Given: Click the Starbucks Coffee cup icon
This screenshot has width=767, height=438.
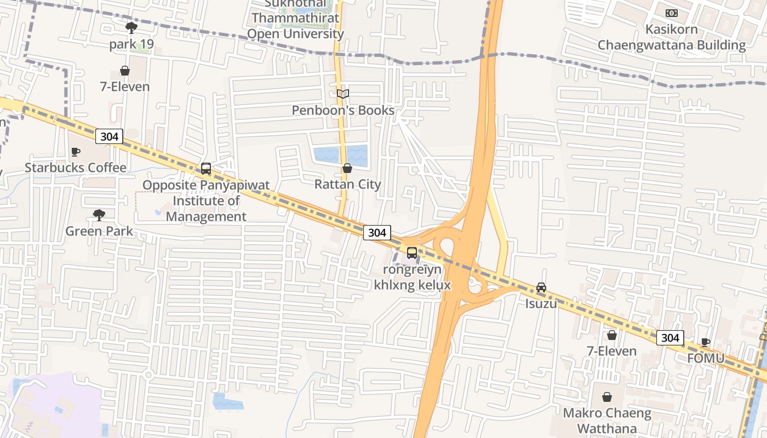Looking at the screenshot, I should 76,152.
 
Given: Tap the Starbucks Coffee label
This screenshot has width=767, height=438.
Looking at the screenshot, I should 76,168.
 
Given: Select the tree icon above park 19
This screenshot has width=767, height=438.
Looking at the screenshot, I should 131,28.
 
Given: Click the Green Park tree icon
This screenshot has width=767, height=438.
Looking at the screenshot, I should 99,215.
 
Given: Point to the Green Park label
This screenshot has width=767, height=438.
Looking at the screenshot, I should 99,231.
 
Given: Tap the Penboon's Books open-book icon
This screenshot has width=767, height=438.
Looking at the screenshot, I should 343,94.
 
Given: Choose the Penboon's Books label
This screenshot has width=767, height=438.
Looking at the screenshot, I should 343,111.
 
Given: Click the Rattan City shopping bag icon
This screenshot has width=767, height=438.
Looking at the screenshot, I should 347,168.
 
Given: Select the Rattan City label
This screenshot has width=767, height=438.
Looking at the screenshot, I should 347,185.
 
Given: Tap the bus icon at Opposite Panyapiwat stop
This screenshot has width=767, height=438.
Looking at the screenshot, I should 206,169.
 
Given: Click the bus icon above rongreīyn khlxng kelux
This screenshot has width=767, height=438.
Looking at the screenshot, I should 412,253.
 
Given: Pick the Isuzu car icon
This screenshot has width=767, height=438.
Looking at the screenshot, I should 541,287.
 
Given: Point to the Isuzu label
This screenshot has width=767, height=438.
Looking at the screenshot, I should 541,303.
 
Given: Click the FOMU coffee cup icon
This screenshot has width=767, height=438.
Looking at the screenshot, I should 706,343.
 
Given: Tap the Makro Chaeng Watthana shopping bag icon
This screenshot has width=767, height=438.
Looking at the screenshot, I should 608,397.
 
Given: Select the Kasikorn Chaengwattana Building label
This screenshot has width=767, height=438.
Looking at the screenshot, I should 672,37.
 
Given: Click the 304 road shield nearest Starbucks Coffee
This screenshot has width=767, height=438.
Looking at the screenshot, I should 109,136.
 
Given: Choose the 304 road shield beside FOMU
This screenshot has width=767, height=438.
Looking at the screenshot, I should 670,338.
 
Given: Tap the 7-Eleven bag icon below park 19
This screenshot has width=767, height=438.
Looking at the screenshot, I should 125,71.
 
